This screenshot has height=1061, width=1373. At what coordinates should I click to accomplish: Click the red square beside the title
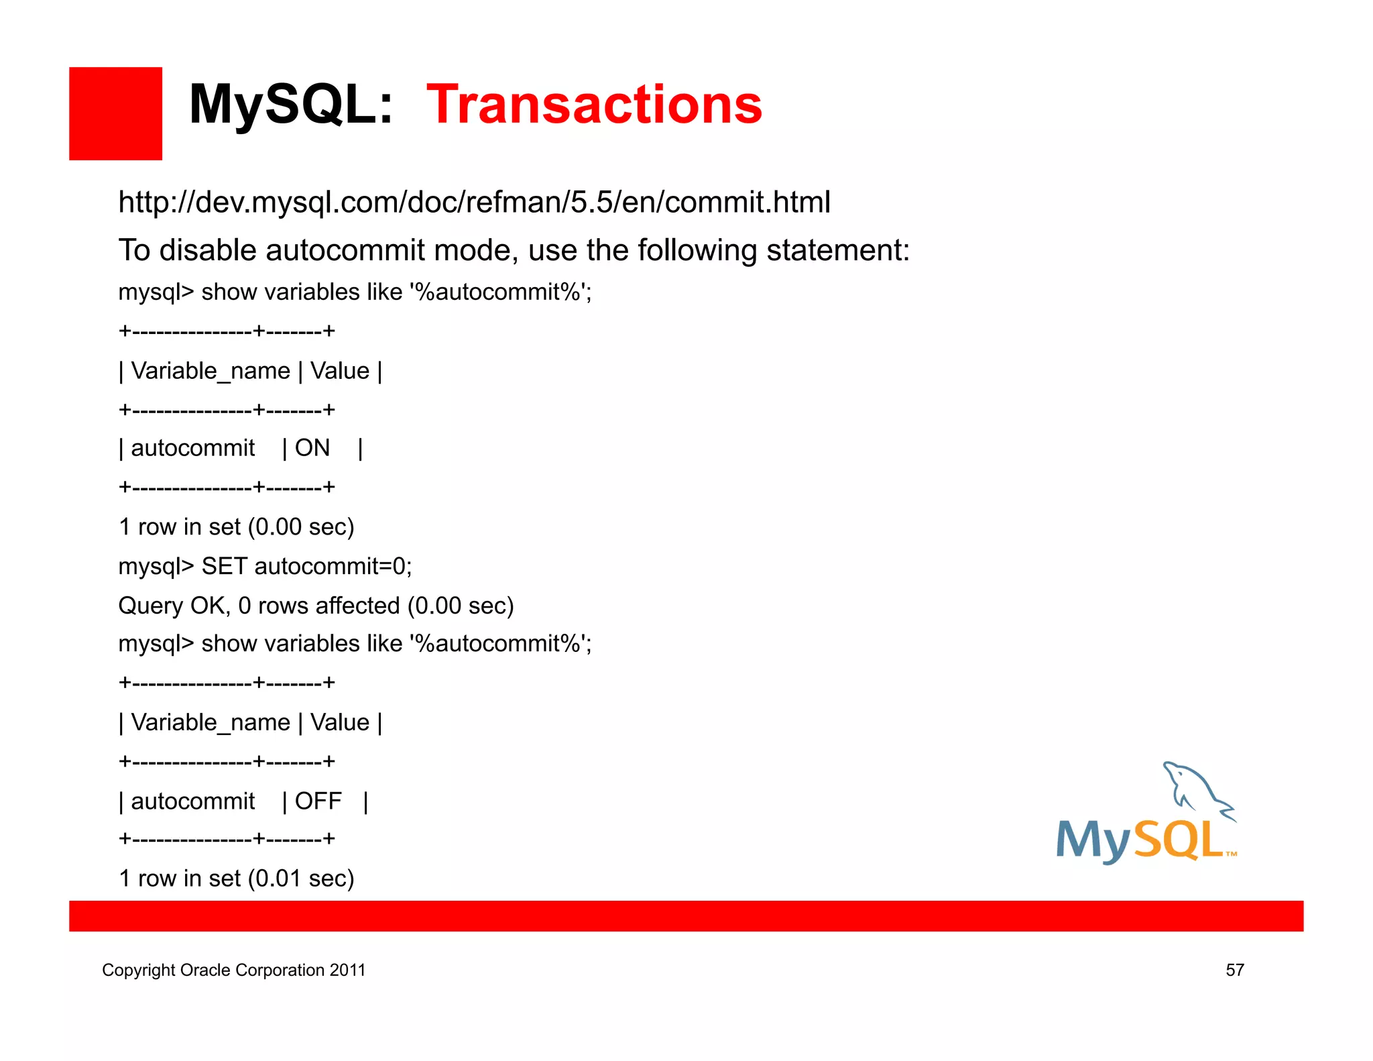tap(115, 113)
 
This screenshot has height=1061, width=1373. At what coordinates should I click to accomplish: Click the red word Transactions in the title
tap(594, 105)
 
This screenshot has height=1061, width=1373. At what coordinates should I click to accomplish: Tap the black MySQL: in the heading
tap(290, 105)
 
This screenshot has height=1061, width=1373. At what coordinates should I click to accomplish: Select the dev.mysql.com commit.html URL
tap(474, 202)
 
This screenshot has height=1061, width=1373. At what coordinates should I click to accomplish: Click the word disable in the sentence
tap(207, 250)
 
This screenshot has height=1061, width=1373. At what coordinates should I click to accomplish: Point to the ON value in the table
tap(312, 448)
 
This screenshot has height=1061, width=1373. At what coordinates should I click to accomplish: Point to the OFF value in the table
tap(318, 801)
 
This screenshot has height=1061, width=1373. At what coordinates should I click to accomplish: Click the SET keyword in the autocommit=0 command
tap(225, 566)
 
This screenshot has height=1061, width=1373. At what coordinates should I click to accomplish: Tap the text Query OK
tap(174, 606)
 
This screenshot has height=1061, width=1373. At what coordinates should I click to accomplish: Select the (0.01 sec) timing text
tap(300, 878)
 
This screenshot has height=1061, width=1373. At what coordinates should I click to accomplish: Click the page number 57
tap(1235, 970)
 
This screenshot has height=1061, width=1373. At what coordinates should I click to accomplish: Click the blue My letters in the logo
tap(1092, 841)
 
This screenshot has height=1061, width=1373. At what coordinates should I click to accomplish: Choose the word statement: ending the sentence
tap(838, 250)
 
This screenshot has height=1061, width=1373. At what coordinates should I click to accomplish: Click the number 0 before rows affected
tap(245, 606)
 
